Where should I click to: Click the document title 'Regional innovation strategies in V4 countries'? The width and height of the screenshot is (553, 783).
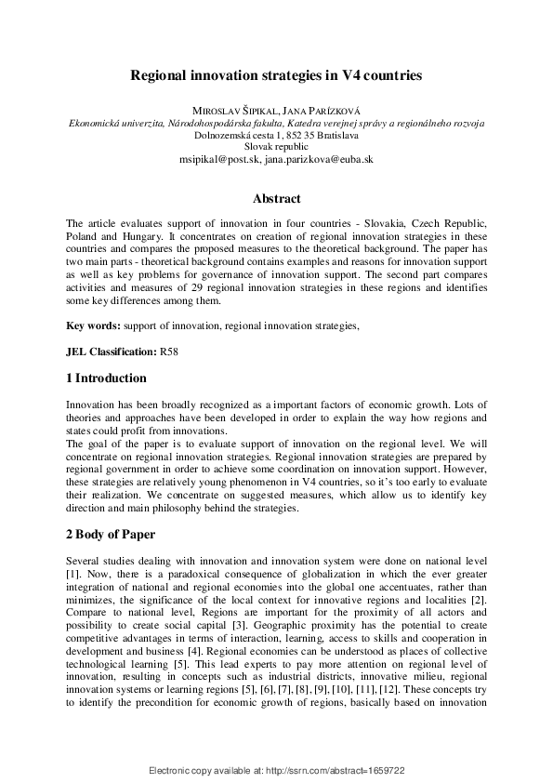coord(276,74)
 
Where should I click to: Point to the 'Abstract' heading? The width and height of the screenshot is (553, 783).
coord(276,198)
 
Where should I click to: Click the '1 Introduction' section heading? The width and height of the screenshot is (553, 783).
coord(107,378)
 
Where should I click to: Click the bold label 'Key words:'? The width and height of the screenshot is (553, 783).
coord(93,326)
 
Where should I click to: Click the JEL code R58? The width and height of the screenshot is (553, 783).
coord(169,352)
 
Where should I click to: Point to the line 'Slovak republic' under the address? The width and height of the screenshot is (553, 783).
coord(276,147)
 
